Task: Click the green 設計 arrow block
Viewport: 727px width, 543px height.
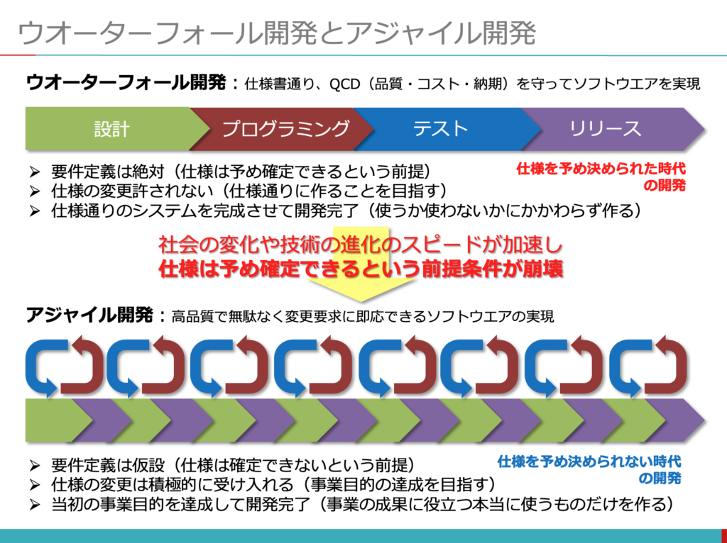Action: pyautogui.click(x=111, y=129)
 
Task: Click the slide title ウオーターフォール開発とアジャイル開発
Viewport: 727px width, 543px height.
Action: pyautogui.click(x=277, y=33)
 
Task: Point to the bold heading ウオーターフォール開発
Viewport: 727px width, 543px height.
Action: pyautogui.click(x=126, y=83)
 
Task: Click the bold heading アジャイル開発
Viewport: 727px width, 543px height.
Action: pyautogui.click(x=89, y=315)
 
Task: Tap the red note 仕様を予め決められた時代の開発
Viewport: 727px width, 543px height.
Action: pyautogui.click(x=601, y=177)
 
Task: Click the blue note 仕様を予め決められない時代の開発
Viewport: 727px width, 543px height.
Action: pyautogui.click(x=589, y=469)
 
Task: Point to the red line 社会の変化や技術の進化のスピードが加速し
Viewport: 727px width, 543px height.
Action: pyautogui.click(x=361, y=245)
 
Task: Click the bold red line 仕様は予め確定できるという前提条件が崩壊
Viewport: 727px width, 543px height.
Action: pyautogui.click(x=361, y=269)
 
